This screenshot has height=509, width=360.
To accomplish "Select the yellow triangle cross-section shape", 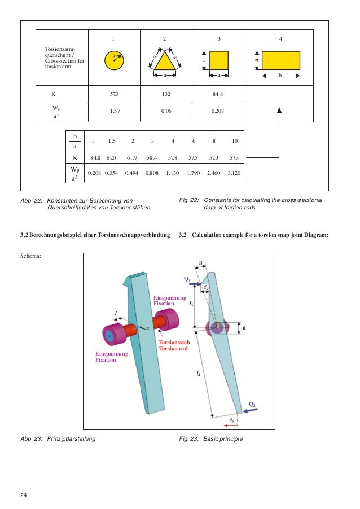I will point(164,62).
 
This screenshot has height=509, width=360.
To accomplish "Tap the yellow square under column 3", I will point(219,60).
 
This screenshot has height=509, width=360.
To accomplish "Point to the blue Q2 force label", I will point(252,404).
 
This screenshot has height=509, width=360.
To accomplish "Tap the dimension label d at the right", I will point(244,327).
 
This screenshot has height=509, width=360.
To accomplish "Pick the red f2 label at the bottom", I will point(232,420).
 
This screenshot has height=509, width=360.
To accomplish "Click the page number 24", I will point(23,495).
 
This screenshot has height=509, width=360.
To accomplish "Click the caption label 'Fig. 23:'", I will point(188,438).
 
